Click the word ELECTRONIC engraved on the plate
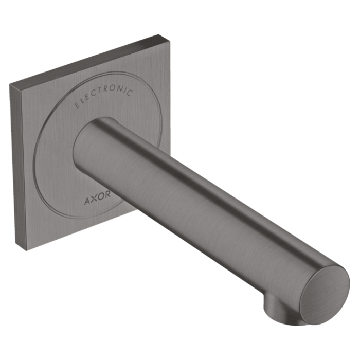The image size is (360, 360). coord(104,96)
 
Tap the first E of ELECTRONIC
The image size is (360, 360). coord(78,105)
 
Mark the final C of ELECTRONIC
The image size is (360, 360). coord(130,93)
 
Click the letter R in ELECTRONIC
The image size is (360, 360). coord(105,89)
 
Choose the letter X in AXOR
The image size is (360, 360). coord(94,199)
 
